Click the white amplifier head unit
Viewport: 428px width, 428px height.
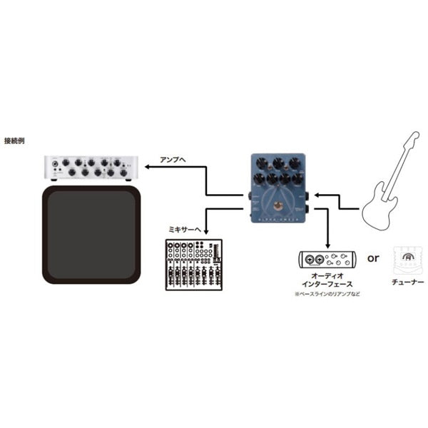(x=89, y=167)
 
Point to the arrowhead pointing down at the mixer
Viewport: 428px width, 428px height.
(x=206, y=233)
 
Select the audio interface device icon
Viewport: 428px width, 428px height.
(x=327, y=258)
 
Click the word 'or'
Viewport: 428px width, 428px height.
(x=373, y=258)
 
